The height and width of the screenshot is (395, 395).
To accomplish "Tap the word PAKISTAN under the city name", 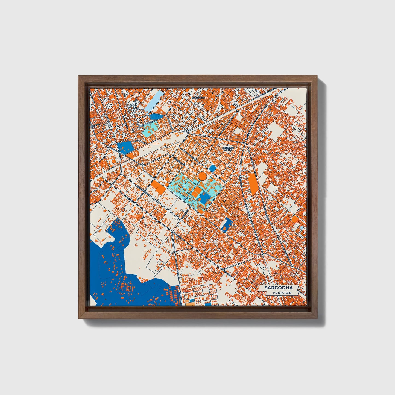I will pyautogui.click(x=282, y=293).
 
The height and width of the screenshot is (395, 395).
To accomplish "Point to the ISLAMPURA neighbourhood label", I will pyautogui.click(x=198, y=97).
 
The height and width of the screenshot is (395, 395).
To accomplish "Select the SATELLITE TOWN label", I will pyautogui.click(x=227, y=149).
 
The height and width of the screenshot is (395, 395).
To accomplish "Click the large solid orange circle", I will pyautogui.click(x=202, y=175).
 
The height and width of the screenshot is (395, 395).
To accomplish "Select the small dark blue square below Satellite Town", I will pyautogui.click(x=212, y=168).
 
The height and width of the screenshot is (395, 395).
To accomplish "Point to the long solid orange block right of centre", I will pyautogui.click(x=253, y=184).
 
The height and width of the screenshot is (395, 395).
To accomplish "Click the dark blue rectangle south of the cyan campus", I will pyautogui.click(x=226, y=224).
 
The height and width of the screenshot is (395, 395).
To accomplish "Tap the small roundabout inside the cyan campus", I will pyautogui.click(x=189, y=194).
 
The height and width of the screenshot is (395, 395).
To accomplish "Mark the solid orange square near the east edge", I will pyautogui.click(x=295, y=219).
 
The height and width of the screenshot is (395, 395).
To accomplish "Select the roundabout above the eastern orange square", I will pyautogui.click(x=289, y=210).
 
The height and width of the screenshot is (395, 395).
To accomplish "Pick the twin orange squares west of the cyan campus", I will pyautogui.click(x=159, y=187).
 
